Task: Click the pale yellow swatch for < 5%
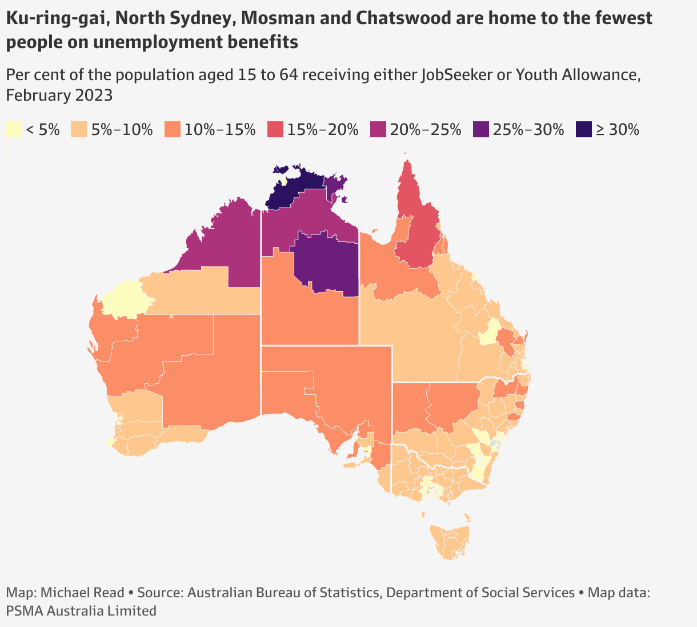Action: click(14, 130)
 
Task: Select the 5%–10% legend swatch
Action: click(79, 130)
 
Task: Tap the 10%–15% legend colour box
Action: click(172, 130)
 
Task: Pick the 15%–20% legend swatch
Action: click(275, 130)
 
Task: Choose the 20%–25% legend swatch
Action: click(378, 130)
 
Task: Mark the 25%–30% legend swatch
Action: click(481, 130)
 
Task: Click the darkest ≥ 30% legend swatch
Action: click(584, 130)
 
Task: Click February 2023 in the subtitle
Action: click(59, 95)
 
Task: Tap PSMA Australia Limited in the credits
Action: click(81, 611)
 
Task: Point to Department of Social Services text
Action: click(480, 593)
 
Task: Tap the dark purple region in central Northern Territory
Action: click(326, 263)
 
